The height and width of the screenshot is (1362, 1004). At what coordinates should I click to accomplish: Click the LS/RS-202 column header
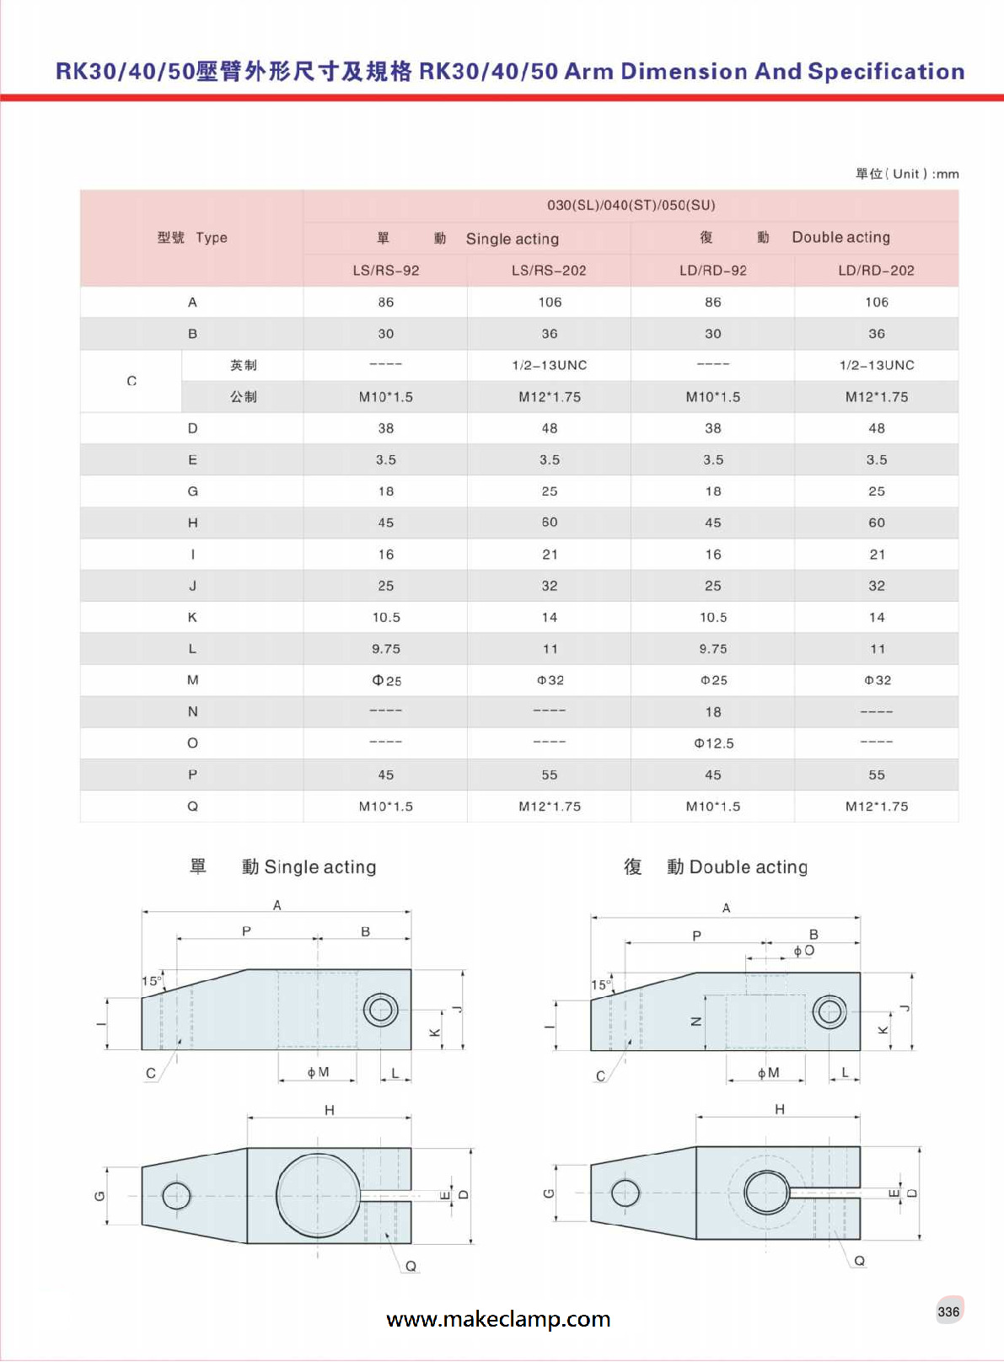pyautogui.click(x=549, y=271)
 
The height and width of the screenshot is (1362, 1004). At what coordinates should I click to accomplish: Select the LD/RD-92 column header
pyautogui.click(x=712, y=271)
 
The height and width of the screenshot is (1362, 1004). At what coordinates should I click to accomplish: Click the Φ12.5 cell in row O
pyautogui.click(x=713, y=743)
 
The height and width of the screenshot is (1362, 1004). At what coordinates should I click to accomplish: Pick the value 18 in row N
pyautogui.click(x=713, y=712)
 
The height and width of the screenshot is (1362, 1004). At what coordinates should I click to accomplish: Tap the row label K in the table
pyautogui.click(x=192, y=618)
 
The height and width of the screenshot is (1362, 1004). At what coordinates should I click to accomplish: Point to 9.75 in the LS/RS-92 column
pyautogui.click(x=386, y=649)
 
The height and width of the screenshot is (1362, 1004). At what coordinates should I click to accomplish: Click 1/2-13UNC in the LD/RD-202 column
pyautogui.click(x=876, y=365)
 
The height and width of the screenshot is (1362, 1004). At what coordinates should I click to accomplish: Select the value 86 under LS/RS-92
pyautogui.click(x=386, y=303)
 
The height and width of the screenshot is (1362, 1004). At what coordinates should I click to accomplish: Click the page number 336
pyautogui.click(x=948, y=1311)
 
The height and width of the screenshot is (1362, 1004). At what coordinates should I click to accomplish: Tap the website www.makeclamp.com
pyautogui.click(x=498, y=1319)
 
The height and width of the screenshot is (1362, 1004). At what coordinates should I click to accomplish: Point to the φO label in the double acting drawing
pyautogui.click(x=803, y=951)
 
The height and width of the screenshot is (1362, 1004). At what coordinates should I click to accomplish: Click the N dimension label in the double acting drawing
pyautogui.click(x=696, y=1021)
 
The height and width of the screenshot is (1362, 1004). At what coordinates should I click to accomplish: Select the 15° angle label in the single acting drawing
pyautogui.click(x=152, y=981)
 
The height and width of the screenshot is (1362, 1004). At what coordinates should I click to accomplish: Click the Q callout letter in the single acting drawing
pyautogui.click(x=411, y=1266)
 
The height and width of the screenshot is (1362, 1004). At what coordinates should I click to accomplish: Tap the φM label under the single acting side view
pyautogui.click(x=318, y=1072)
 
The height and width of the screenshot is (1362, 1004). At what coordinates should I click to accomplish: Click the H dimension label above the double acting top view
pyautogui.click(x=780, y=1109)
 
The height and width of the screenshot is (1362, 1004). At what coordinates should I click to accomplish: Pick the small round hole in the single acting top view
pyautogui.click(x=176, y=1195)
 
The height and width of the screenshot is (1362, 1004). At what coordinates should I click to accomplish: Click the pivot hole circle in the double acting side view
pyautogui.click(x=830, y=1011)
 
